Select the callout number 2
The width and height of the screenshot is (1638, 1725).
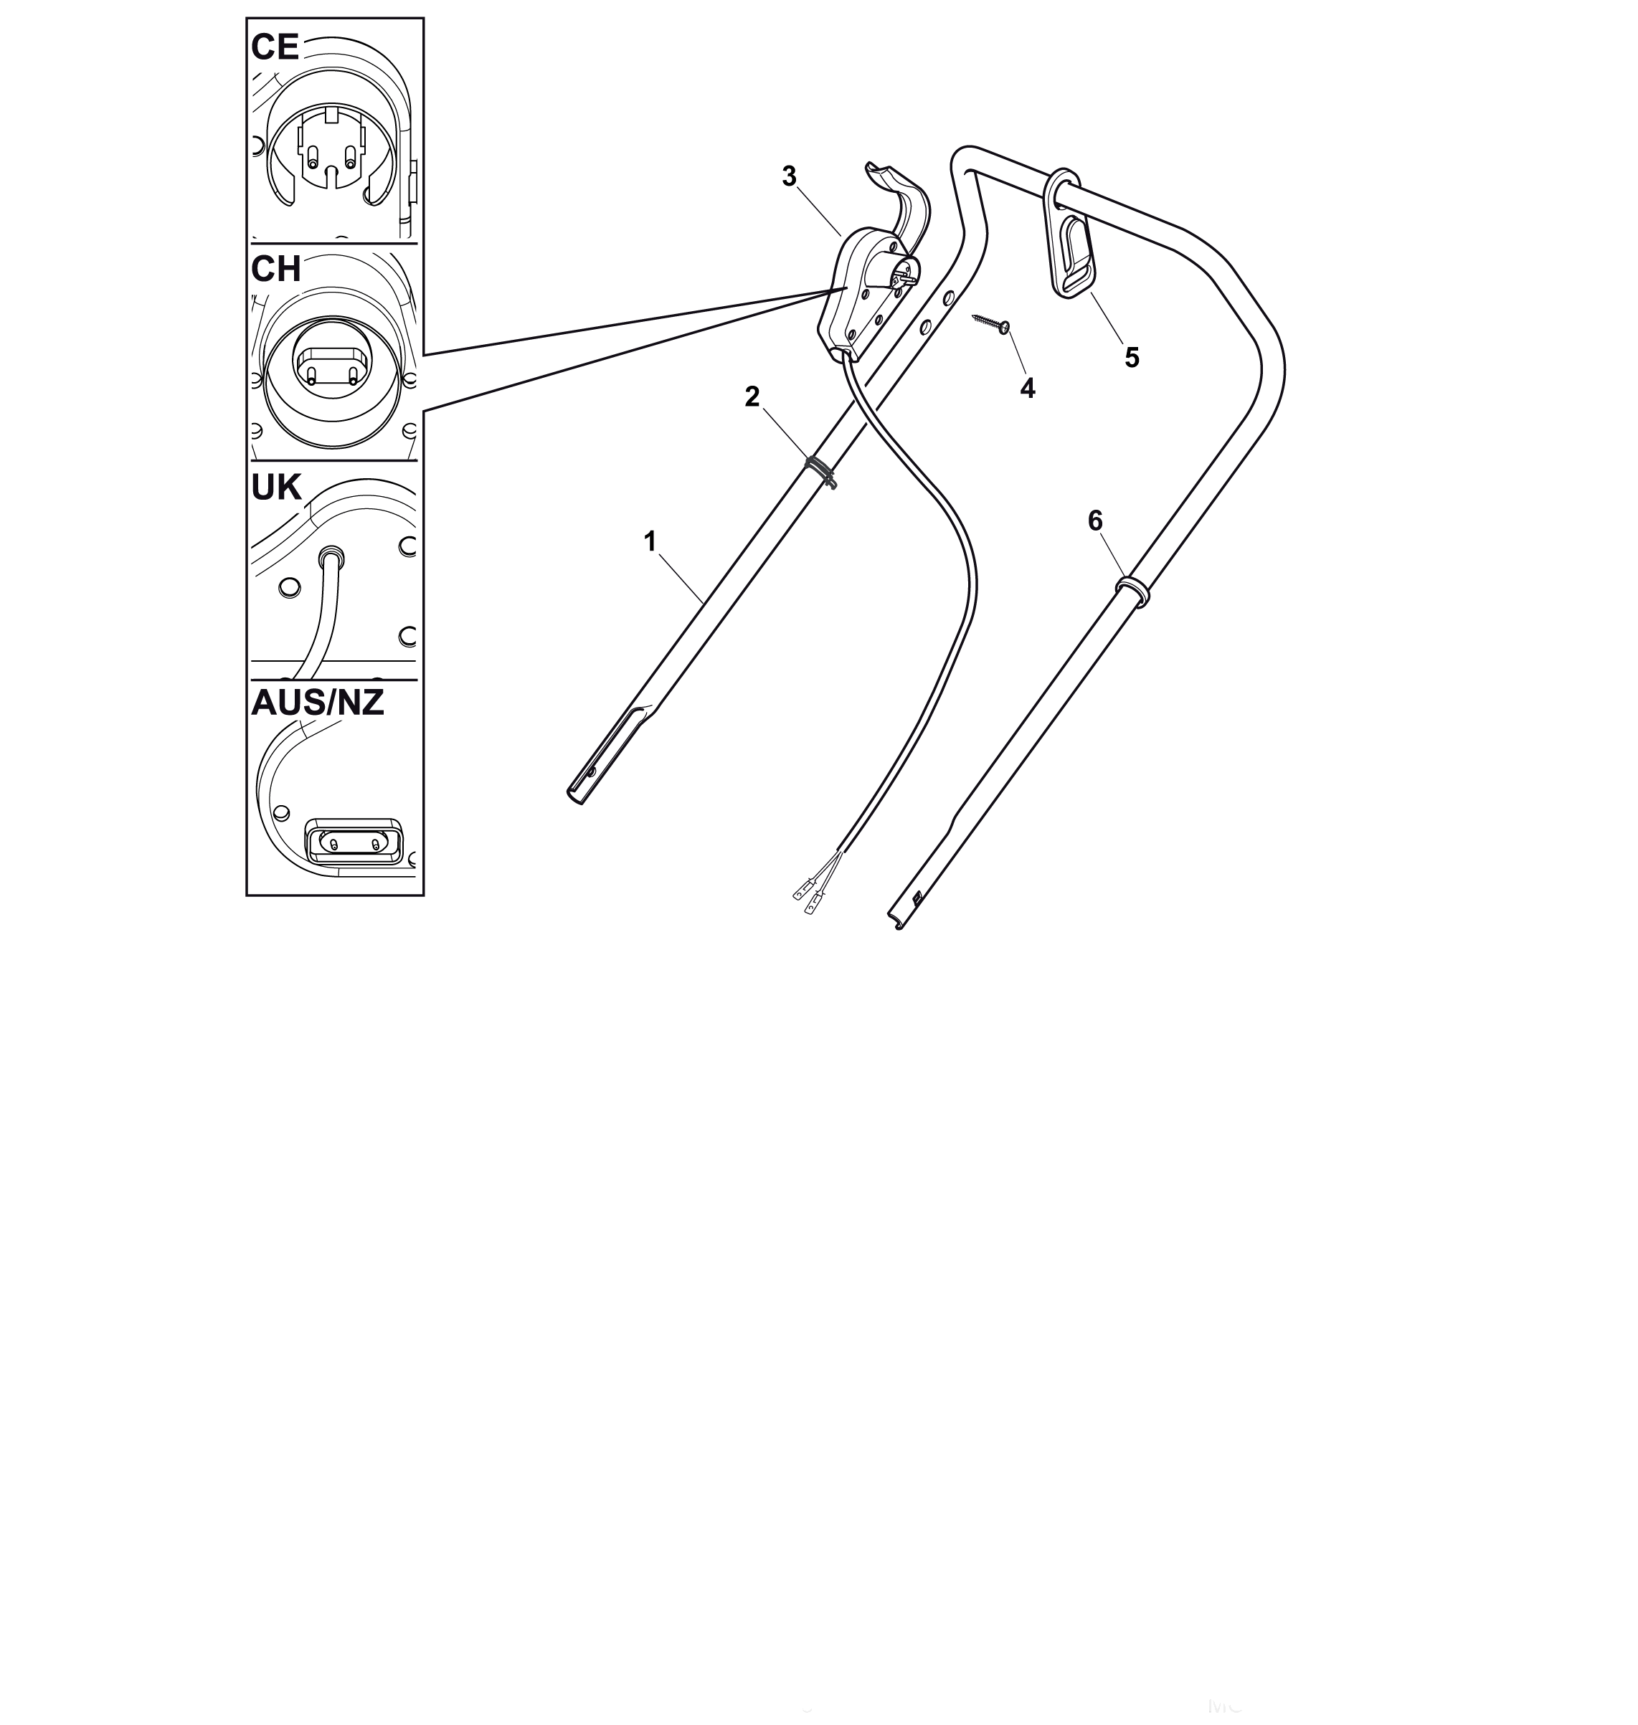tap(752, 397)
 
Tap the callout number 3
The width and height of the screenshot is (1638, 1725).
tap(790, 176)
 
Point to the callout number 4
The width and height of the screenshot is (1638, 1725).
tap(1028, 389)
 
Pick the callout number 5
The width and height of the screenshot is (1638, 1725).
tap(1132, 357)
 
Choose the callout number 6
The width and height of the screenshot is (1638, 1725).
tap(1095, 521)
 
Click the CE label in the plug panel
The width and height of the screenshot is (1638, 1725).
tap(275, 47)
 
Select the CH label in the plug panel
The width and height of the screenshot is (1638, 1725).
tap(276, 270)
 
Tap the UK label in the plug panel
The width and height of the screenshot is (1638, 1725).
tap(276, 488)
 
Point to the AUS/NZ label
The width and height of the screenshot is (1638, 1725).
tap(318, 703)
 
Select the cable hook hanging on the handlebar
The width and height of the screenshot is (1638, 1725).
tap(1069, 236)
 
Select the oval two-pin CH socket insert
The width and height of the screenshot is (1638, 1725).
tap(333, 366)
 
